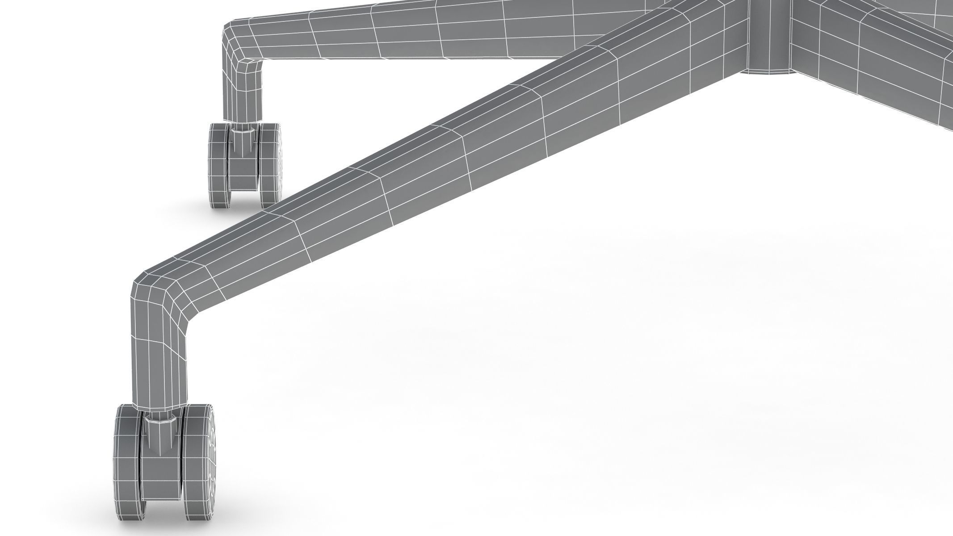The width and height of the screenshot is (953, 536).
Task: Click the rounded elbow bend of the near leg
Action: pyautogui.click(x=156, y=295)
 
